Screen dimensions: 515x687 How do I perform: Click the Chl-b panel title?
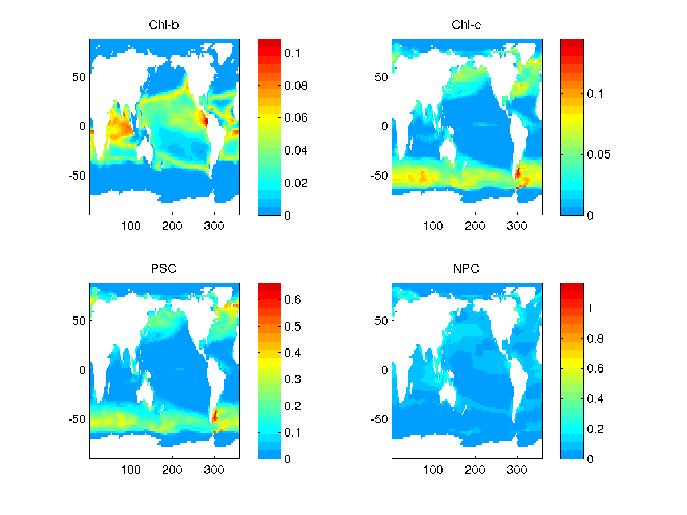coord(164,25)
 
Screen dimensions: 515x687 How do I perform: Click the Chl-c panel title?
coord(467,25)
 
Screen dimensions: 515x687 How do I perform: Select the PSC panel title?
coord(164,269)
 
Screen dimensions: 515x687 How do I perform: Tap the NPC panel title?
coord(467,269)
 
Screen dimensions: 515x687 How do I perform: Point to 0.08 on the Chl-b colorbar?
coord(298,86)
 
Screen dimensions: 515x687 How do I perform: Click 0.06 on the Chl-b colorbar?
coord(298,118)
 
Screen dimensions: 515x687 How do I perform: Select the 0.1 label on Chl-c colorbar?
coord(596,94)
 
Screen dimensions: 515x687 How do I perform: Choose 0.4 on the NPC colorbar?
coord(596,399)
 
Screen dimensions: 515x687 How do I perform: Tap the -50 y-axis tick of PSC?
coord(77,419)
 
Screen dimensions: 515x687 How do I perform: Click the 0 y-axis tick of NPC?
coord(385,370)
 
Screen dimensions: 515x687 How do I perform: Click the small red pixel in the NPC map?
coord(395,311)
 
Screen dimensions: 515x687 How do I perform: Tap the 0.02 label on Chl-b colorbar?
coord(298,183)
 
